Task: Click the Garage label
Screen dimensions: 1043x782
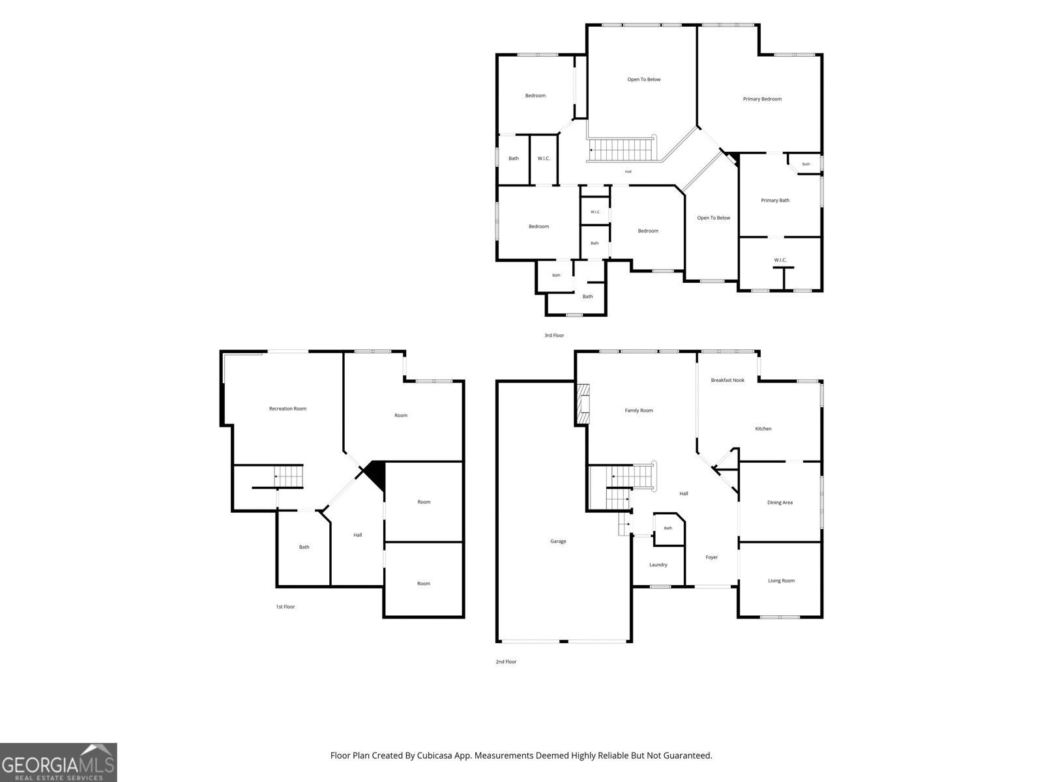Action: [558, 542]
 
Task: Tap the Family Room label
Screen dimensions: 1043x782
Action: [639, 411]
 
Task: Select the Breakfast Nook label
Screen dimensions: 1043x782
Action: [727, 380]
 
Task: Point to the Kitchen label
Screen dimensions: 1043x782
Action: [763, 428]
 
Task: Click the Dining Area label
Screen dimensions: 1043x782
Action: [780, 502]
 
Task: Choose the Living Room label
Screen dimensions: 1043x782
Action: [781, 580]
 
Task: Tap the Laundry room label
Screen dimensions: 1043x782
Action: [658, 564]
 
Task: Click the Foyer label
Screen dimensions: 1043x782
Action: [711, 557]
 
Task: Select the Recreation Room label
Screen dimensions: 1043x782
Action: [287, 409]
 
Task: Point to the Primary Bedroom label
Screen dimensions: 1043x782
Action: [762, 99]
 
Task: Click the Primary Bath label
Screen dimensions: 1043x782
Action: [775, 200]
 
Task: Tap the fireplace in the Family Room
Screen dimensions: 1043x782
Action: [583, 403]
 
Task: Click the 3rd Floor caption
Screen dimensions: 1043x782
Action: [554, 335]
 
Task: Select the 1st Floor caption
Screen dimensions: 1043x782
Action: [285, 606]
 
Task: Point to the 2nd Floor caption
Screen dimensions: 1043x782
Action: [506, 661]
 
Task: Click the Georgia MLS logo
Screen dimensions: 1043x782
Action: [58, 762]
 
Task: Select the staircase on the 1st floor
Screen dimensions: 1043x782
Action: [288, 476]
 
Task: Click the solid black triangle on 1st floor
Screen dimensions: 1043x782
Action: [376, 473]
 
